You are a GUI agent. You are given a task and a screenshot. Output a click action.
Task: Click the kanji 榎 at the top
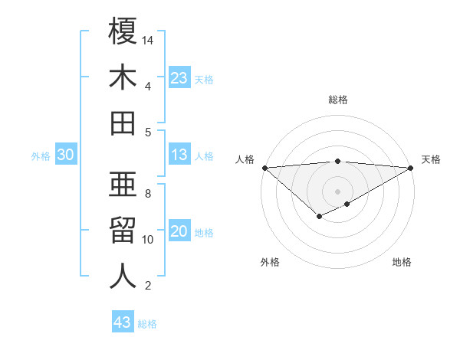(123, 31)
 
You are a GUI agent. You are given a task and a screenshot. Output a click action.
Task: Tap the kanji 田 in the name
(123, 123)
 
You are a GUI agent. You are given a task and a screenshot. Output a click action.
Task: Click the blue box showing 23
(179, 78)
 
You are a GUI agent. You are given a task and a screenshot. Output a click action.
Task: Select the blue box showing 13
(179, 155)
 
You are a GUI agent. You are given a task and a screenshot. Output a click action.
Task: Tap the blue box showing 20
(179, 232)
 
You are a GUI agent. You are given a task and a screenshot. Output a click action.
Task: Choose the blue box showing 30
(65, 155)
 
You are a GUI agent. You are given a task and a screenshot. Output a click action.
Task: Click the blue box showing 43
(122, 322)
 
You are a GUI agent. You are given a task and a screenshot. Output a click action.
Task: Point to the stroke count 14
(148, 40)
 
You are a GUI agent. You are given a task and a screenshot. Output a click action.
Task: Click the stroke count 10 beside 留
(148, 240)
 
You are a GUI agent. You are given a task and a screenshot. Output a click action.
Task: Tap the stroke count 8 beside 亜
(148, 194)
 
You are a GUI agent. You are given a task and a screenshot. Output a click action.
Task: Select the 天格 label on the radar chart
(431, 159)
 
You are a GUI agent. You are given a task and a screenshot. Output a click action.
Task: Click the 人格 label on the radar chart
(245, 159)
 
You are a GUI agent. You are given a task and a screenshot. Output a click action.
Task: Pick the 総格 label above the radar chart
(338, 100)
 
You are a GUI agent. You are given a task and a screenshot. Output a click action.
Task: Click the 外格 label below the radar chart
(270, 262)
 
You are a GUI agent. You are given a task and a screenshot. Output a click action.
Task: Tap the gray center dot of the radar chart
(337, 191)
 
